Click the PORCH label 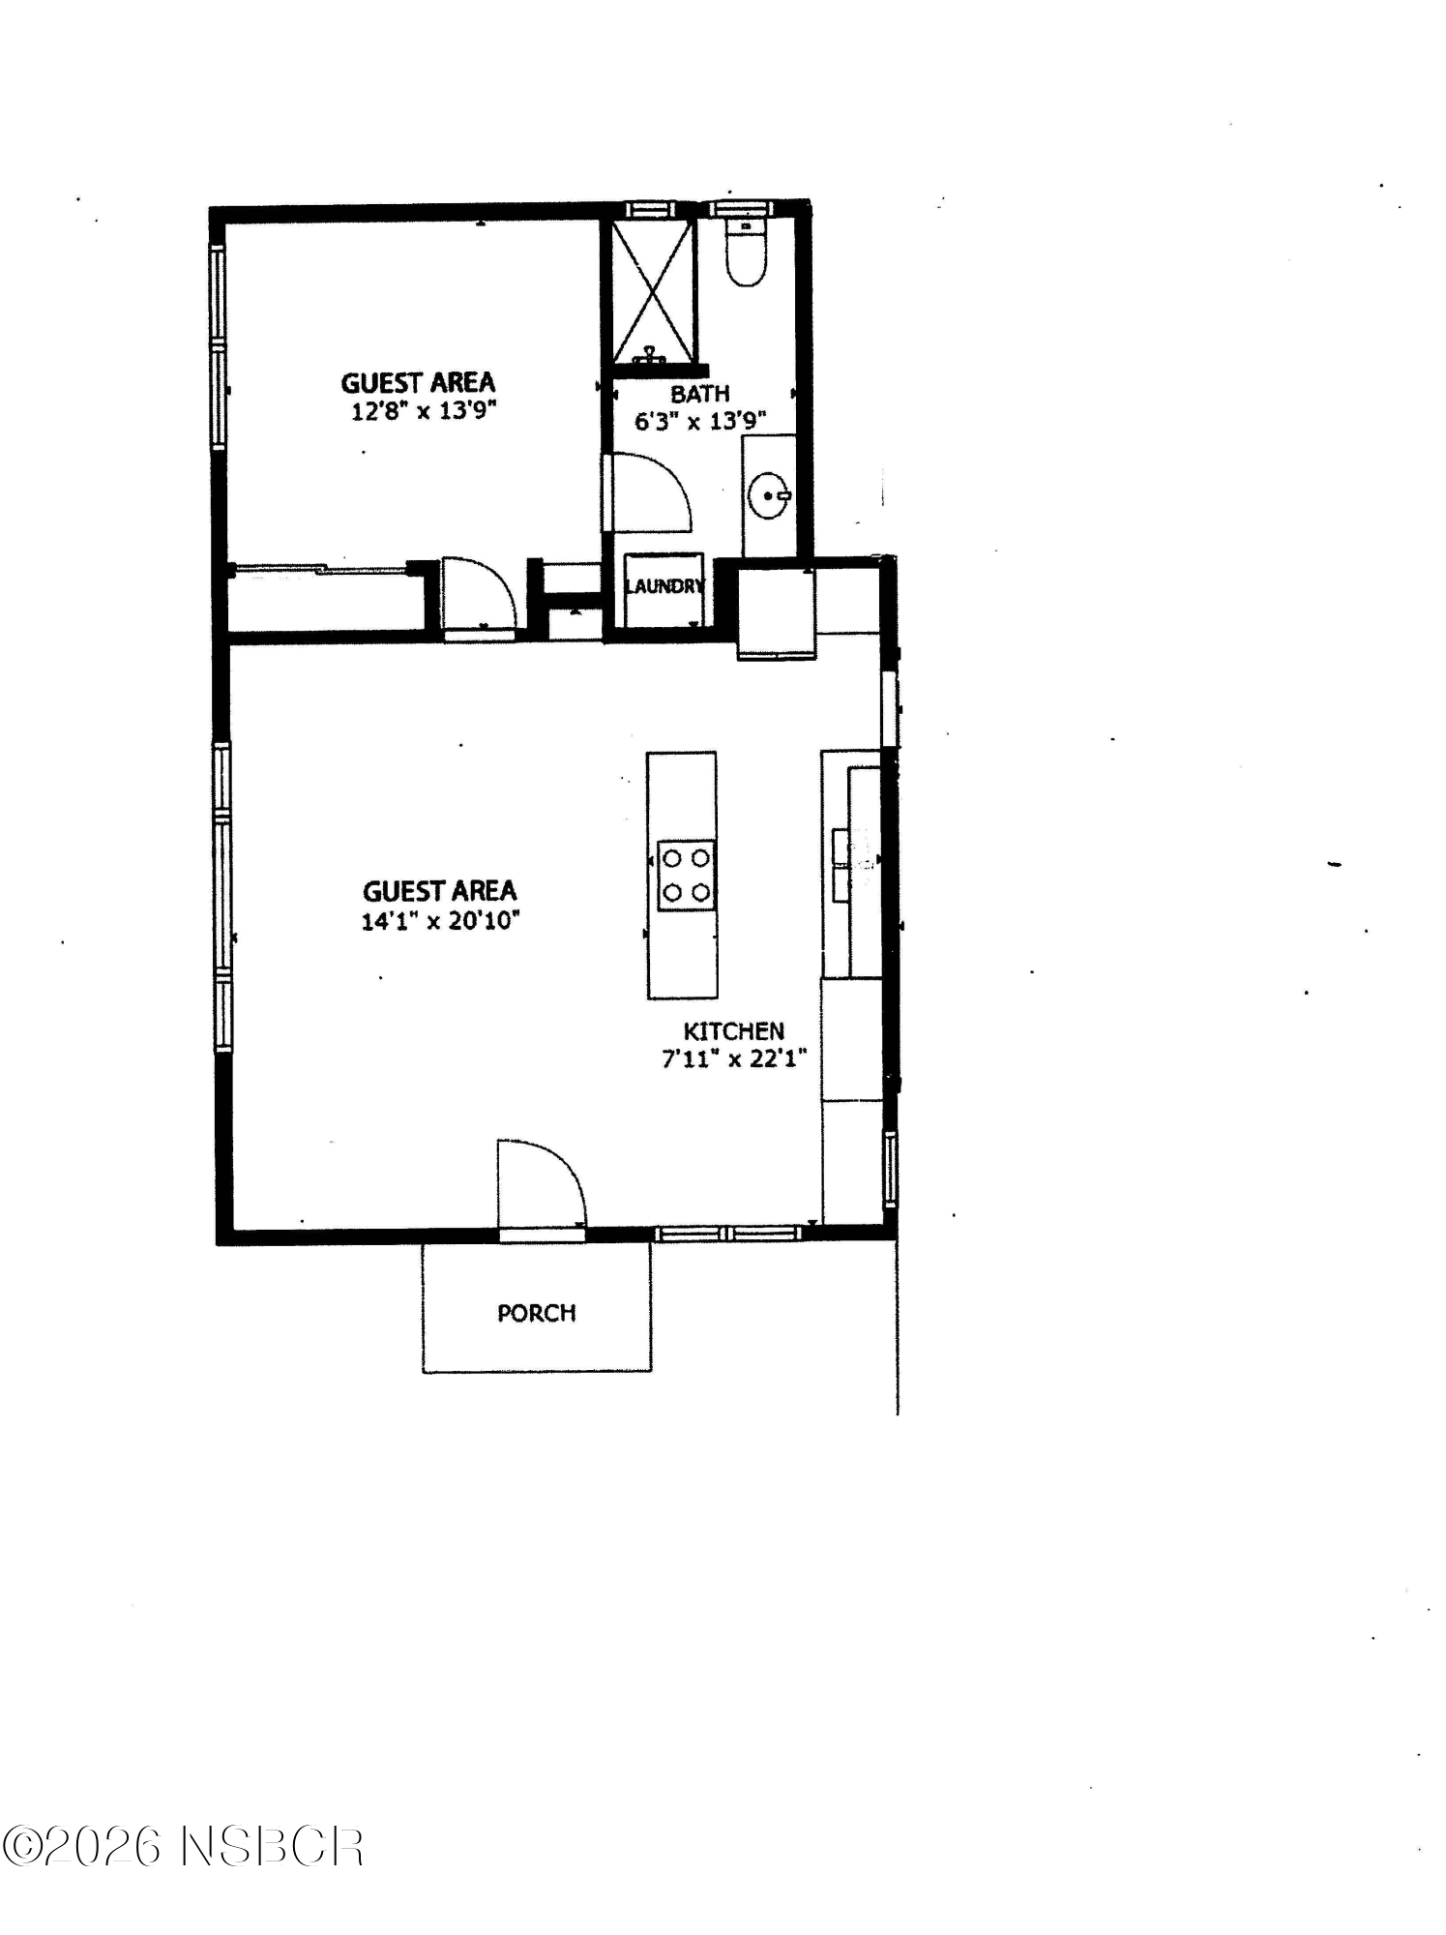pyautogui.click(x=536, y=1313)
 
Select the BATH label pyautogui.click(x=699, y=394)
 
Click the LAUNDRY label pyautogui.click(x=664, y=586)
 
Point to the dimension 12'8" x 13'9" pyautogui.click(x=423, y=411)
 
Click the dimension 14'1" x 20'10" pyautogui.click(x=440, y=920)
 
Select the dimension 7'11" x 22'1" pyautogui.click(x=734, y=1059)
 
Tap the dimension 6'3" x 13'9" pyautogui.click(x=699, y=421)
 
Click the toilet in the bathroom pyautogui.click(x=745, y=253)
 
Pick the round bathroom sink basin pyautogui.click(x=769, y=495)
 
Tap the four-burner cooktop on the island pyautogui.click(x=686, y=875)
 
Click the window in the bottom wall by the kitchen pyautogui.click(x=728, y=1232)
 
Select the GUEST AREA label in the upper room pyautogui.click(x=418, y=383)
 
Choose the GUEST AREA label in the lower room pyautogui.click(x=440, y=891)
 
